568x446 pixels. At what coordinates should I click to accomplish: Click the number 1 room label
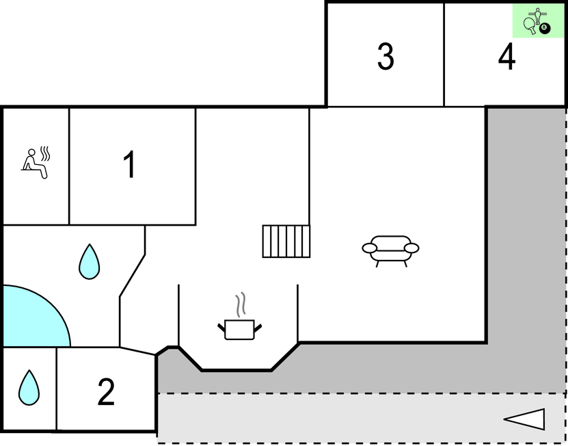point(129,165)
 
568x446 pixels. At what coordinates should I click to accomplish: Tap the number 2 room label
point(106,392)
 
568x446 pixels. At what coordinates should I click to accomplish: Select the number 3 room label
point(386,57)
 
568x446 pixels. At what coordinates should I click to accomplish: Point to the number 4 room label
point(506,57)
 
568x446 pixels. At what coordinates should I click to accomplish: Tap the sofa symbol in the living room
point(390,249)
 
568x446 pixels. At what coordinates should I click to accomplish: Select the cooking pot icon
point(239,329)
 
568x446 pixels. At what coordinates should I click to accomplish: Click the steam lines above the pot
point(240,304)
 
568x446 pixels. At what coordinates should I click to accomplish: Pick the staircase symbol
point(286,241)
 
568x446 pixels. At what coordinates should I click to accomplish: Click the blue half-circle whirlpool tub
point(31,318)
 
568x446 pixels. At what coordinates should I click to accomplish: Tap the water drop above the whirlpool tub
point(89,261)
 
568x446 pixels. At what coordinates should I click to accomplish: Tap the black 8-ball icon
point(544,28)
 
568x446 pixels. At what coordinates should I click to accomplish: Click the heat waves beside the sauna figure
point(46,153)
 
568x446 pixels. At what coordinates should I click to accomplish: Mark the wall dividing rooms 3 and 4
point(444,55)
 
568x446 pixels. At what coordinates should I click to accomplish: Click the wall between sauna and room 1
point(70,166)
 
